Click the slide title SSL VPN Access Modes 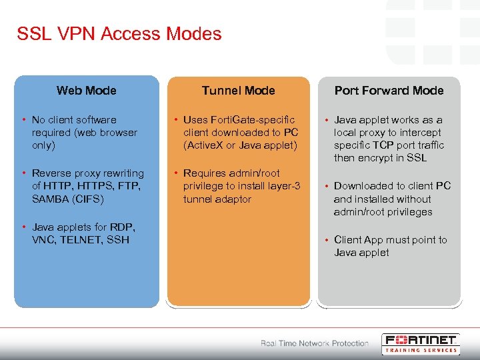click(119, 34)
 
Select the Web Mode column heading click(87, 91)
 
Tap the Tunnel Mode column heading click(238, 91)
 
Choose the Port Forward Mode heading click(389, 91)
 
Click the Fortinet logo click(421, 339)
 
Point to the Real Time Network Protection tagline click(314, 343)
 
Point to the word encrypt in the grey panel click(376, 158)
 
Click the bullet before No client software click(23, 120)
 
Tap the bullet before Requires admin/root click(174, 173)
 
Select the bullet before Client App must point click(325, 240)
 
